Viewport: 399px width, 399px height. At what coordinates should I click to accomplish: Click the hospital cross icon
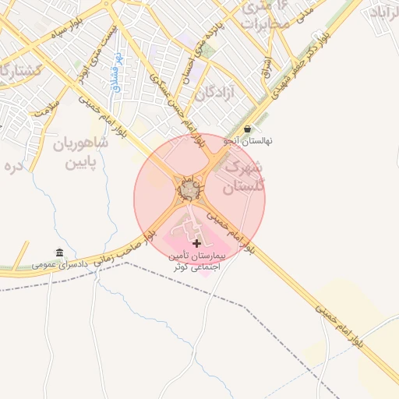pyautogui.click(x=196, y=244)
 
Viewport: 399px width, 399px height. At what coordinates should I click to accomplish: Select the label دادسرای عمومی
pyautogui.click(x=59, y=265)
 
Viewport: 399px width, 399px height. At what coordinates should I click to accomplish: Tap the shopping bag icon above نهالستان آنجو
pyautogui.click(x=248, y=129)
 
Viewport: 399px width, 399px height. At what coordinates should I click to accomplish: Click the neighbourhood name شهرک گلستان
pyautogui.click(x=243, y=178)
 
